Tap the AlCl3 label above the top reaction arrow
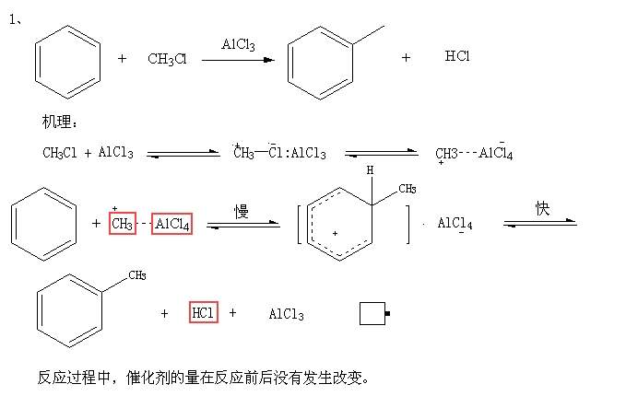238,44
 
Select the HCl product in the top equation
457,57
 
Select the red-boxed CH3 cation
123,224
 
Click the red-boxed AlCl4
171,224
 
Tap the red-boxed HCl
203,313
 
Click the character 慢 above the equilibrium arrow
241,211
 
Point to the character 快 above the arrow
543,208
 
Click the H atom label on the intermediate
370,170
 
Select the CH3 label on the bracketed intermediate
407,190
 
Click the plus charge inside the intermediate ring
335,234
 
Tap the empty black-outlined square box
372,314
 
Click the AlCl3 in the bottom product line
286,314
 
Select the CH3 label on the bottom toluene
136,274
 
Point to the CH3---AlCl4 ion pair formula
474,153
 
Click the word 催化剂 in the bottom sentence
147,377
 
